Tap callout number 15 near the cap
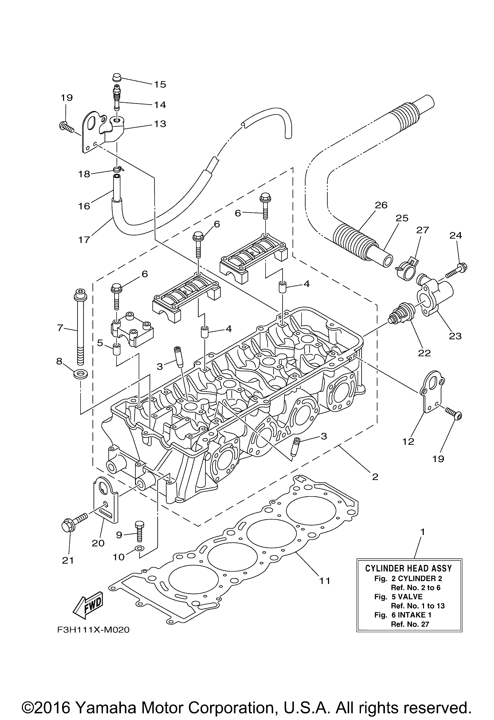point(160,84)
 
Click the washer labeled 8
point(80,374)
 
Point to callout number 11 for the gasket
point(325,581)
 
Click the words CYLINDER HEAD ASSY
point(409,568)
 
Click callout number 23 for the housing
point(455,336)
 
